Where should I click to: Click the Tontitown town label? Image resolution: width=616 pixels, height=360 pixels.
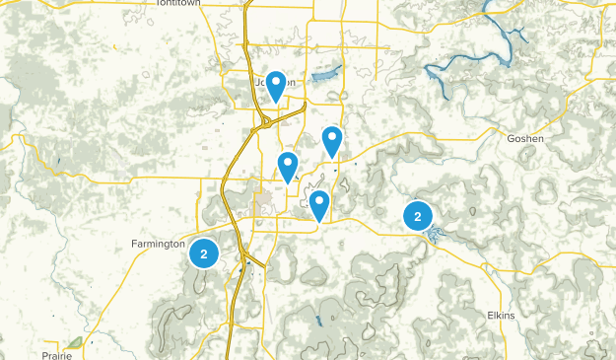pyautogui.click(x=177, y=4)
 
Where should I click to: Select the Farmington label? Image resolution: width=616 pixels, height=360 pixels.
pyautogui.click(x=158, y=243)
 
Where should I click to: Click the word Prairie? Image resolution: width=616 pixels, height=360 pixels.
pyautogui.click(x=57, y=354)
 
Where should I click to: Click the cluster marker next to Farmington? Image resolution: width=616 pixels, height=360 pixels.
pyautogui.click(x=204, y=253)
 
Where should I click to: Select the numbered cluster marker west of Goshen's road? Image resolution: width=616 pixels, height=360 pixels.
pyautogui.click(x=418, y=216)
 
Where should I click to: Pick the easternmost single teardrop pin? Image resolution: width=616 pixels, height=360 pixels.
pyautogui.click(x=333, y=140)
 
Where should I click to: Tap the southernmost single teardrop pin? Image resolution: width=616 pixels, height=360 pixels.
pyautogui.click(x=318, y=204)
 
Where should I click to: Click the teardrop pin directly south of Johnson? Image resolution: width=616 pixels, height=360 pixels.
pyautogui.click(x=288, y=165)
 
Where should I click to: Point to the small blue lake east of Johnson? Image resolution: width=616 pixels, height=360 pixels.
pyautogui.click(x=324, y=76)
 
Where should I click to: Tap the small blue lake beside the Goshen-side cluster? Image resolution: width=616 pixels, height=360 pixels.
pyautogui.click(x=437, y=234)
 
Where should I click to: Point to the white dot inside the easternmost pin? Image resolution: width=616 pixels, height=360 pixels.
pyautogui.click(x=333, y=137)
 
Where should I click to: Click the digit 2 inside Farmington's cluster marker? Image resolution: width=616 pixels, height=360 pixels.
pyautogui.click(x=204, y=253)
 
